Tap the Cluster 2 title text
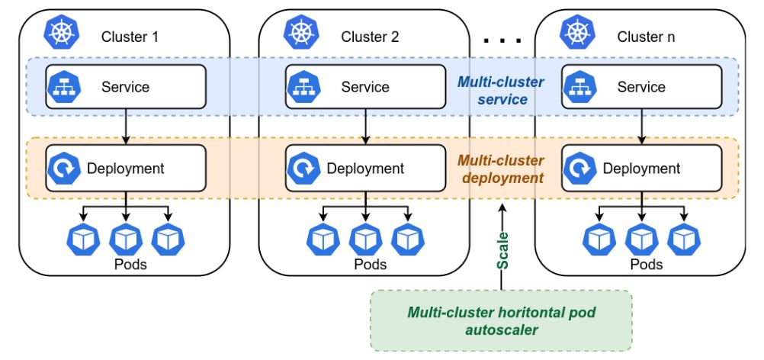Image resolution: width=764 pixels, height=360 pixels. point(370,37)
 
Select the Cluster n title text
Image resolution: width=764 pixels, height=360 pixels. point(646,37)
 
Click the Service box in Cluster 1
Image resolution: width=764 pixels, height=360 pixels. point(127,86)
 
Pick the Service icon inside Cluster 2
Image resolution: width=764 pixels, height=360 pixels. point(299,86)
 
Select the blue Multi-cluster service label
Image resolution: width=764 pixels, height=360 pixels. point(500,91)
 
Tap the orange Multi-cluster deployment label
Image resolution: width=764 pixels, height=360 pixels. point(500,169)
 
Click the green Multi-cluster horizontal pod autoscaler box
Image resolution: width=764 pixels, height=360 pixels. point(501,320)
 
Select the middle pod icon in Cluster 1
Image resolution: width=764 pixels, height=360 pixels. point(127,239)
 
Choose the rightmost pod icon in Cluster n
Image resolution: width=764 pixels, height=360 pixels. point(680,239)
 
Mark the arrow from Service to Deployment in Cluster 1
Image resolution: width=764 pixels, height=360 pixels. point(127,126)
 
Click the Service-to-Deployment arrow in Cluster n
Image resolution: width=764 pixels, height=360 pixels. point(641,126)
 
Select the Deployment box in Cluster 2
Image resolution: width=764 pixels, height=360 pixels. point(365,169)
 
